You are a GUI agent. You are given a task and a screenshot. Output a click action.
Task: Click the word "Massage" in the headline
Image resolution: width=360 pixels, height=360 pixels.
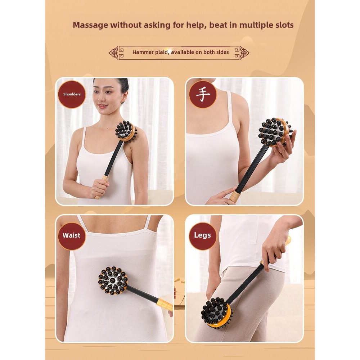point(90,25)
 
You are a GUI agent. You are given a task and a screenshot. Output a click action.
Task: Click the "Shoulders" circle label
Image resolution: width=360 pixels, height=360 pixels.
point(72,94)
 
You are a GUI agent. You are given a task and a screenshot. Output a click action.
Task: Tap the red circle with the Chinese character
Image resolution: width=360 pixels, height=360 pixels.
point(203,94)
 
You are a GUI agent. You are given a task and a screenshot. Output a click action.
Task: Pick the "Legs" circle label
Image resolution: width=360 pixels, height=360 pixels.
point(202,236)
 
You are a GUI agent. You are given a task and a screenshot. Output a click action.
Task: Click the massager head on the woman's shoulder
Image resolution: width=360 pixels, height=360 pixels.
point(126,131)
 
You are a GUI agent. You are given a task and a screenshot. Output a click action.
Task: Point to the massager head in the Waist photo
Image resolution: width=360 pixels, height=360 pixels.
point(113,280)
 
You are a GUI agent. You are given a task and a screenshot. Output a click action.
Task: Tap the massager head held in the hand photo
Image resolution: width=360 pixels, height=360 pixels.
point(275,132)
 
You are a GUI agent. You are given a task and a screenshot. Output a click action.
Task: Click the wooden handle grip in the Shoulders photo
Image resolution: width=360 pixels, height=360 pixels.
point(101,187)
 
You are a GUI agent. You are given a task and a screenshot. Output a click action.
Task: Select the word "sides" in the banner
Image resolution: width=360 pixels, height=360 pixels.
point(222,52)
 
